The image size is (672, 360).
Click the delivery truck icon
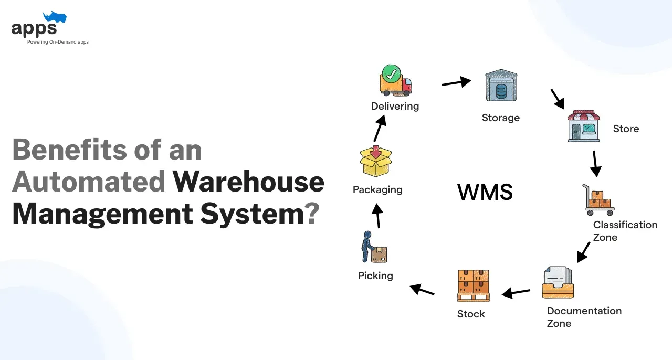pos(395,83)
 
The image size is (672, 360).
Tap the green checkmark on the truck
pos(391,74)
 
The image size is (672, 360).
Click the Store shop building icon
pos(583,126)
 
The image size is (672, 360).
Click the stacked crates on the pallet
pos(473,285)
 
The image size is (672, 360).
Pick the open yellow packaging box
pos(376,161)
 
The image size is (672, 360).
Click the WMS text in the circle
pos(485,193)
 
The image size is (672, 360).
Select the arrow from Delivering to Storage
pos(456,81)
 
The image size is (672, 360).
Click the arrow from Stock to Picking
pos(422,289)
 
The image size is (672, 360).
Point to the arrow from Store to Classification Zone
pos(595,163)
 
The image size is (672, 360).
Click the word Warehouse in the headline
pos(248,182)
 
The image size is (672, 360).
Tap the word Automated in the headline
pos(89,182)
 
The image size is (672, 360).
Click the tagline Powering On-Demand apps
pos(58,42)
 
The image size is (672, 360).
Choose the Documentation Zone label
pos(584,317)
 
